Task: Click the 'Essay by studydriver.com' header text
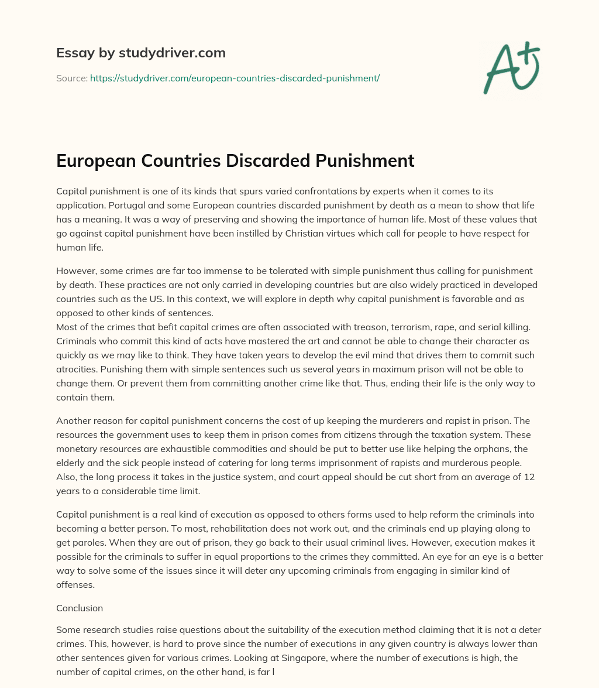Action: coord(140,53)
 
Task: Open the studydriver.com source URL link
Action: coord(235,78)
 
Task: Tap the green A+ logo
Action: coord(511,67)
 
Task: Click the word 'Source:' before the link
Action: coord(71,78)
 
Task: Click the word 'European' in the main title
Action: coord(94,160)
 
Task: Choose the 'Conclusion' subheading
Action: coord(80,608)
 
